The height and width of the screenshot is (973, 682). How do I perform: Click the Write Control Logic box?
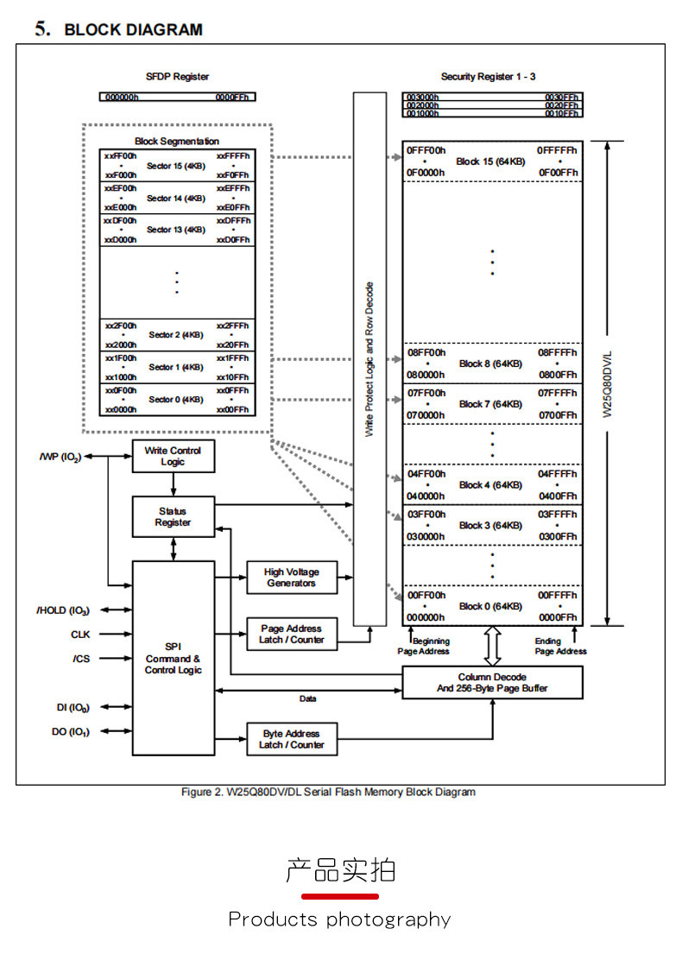[x=173, y=456]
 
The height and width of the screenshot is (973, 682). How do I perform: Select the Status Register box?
[x=173, y=516]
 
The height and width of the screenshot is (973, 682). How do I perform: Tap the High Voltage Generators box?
[x=291, y=578]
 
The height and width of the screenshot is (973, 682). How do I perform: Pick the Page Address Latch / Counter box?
[x=291, y=634]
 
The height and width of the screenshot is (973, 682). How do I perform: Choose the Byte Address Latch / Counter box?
[x=291, y=739]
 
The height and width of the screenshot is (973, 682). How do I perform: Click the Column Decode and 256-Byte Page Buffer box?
[x=492, y=682]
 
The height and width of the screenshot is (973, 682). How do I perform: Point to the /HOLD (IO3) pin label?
[x=64, y=610]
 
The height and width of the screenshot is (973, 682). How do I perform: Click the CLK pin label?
[x=80, y=635]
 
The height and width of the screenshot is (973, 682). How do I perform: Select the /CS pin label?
[x=80, y=659]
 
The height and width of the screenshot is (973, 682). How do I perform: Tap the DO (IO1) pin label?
[x=70, y=732]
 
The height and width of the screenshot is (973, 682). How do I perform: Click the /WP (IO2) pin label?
[x=60, y=457]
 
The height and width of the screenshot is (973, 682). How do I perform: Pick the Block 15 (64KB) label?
[x=490, y=161]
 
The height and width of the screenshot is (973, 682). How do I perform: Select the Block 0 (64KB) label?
[x=490, y=606]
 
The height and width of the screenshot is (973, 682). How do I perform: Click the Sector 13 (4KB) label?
[x=176, y=230]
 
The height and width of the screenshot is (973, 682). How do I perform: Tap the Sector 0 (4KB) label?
[x=176, y=400]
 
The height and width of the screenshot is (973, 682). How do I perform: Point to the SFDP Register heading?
[x=177, y=77]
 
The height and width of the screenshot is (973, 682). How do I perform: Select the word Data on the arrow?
[x=307, y=698]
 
